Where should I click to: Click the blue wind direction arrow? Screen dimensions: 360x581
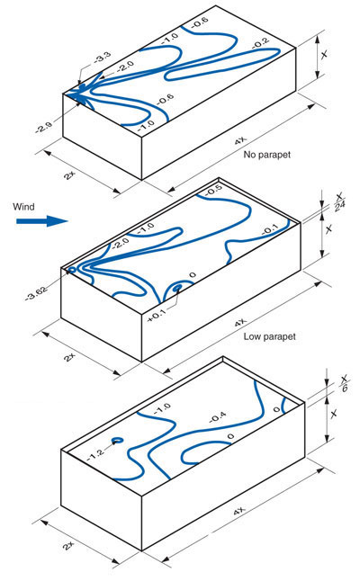click(42, 221)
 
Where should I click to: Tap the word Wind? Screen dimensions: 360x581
click(23, 207)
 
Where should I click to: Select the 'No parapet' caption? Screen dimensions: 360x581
click(267, 155)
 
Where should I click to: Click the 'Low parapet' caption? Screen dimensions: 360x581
click(269, 336)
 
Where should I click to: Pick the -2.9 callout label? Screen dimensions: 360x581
click(44, 128)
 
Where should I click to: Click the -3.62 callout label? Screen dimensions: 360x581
click(36, 293)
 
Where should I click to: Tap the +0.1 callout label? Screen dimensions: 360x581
click(157, 316)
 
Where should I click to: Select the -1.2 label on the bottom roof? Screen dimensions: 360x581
click(96, 452)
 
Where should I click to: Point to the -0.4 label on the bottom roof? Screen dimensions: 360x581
click(218, 417)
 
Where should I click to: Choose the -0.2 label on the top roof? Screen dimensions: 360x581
click(261, 43)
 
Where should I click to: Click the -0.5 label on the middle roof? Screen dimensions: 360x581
click(213, 190)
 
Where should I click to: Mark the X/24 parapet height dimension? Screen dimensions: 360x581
click(339, 202)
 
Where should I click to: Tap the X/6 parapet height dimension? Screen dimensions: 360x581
click(345, 383)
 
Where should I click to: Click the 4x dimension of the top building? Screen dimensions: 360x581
click(240, 141)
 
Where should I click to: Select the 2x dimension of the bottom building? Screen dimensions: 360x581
click(69, 545)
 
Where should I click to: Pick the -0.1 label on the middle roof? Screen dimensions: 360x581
click(269, 230)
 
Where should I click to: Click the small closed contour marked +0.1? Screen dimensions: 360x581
click(178, 287)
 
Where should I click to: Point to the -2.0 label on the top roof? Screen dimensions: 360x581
click(125, 67)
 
